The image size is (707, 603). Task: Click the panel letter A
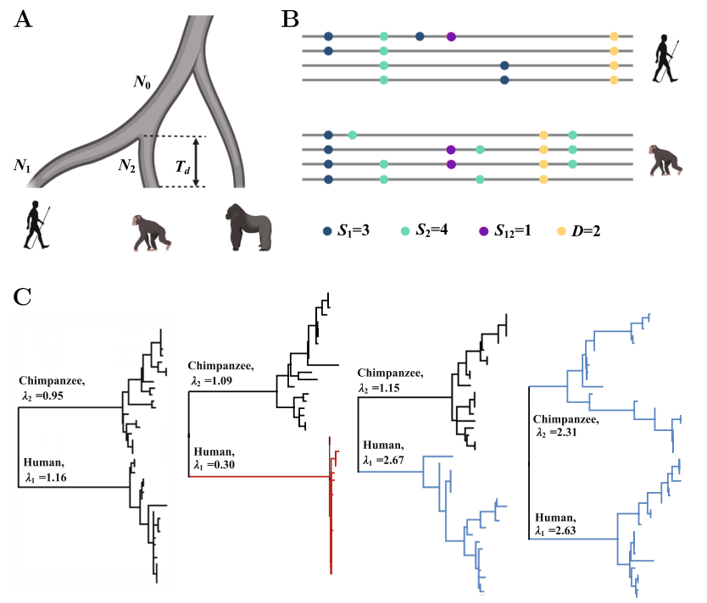24,22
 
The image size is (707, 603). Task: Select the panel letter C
25,296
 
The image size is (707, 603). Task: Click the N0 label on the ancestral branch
142,82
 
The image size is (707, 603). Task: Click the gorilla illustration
248,227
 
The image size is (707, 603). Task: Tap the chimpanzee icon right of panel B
665,159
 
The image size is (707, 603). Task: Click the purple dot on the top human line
451,36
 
